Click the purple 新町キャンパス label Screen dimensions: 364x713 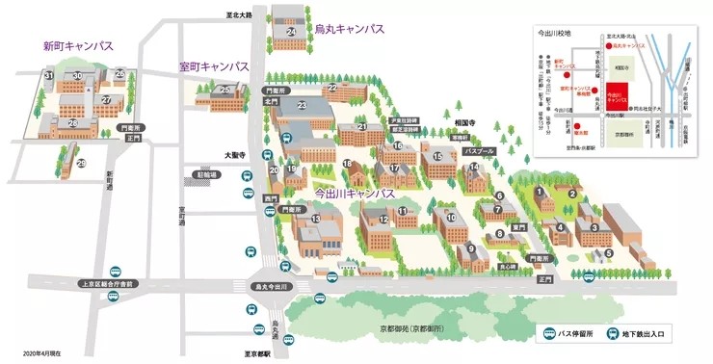tap(78, 45)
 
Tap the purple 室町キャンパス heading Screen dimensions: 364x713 tap(214, 66)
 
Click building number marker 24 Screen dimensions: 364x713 tap(291, 32)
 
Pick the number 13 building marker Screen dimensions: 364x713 tap(314, 220)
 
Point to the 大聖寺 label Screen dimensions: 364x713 tap(236, 154)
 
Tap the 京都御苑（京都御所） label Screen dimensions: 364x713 tap(409, 330)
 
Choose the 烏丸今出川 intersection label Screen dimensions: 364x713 tap(272, 286)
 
